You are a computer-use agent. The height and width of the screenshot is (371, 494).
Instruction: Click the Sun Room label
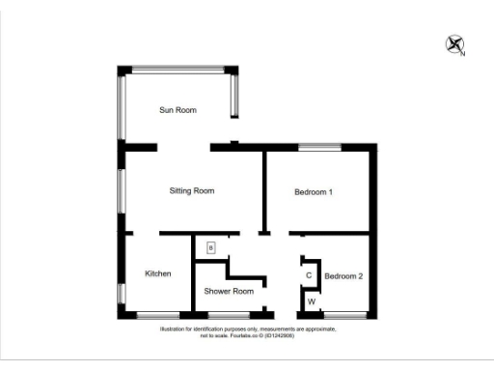pos(178,110)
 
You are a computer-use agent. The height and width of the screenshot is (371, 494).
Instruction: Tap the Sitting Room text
pos(191,191)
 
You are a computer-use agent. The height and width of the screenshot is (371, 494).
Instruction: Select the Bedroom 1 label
pos(314,192)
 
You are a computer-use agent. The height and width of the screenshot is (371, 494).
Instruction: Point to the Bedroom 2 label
pos(343,276)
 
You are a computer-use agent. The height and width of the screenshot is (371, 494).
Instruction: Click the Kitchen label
pos(158,273)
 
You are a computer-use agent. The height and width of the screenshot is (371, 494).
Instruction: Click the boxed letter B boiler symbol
pos(209,248)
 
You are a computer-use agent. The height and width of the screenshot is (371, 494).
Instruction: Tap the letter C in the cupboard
pos(309,275)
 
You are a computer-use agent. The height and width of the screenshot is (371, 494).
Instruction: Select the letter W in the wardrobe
pos(311,301)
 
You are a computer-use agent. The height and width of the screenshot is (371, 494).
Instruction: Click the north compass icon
pos(454,44)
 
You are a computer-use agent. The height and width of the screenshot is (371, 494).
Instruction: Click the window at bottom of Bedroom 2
pos(346,314)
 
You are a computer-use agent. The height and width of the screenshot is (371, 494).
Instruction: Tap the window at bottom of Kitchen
pos(157,314)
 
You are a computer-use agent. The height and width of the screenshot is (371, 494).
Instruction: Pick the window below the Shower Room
pos(229,314)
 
